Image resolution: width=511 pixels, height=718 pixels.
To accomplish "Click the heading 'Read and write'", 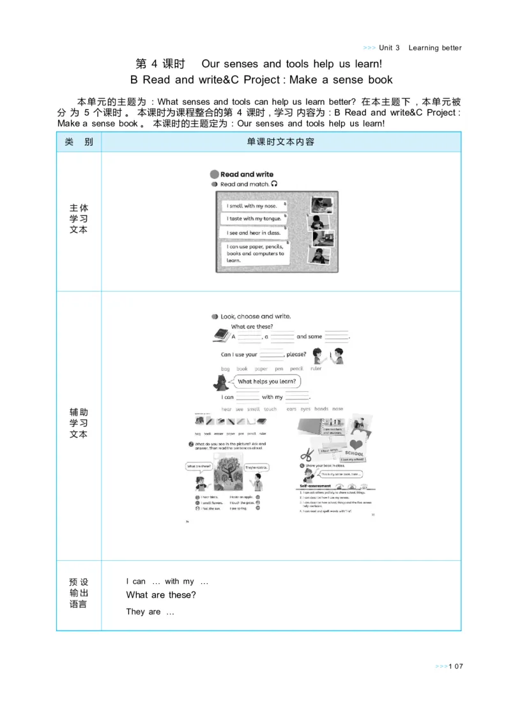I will [247, 174].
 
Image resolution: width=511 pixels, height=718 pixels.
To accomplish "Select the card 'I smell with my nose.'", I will [254, 206].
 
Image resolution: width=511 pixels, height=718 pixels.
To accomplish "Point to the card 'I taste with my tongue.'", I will [254, 219].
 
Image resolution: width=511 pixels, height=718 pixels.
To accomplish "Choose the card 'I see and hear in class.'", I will [253, 233].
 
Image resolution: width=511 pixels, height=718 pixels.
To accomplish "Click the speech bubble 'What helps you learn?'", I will [266, 382].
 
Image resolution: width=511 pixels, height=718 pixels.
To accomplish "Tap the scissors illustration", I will [308, 455].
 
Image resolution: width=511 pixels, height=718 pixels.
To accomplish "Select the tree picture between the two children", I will [225, 472].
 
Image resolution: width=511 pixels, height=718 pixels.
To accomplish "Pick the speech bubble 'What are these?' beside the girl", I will [199, 466].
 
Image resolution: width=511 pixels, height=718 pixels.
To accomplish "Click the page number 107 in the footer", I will [455, 666].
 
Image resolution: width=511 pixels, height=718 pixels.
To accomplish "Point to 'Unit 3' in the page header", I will [389, 48].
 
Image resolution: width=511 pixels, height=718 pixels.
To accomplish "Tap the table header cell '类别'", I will [79, 142].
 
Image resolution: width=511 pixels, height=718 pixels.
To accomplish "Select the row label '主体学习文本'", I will [79, 219].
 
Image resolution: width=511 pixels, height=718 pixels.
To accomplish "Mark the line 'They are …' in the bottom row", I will [150, 612].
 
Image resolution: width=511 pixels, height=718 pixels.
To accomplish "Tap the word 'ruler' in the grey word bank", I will [316, 369].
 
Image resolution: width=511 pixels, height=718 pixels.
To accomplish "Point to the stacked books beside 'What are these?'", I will [220, 334].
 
